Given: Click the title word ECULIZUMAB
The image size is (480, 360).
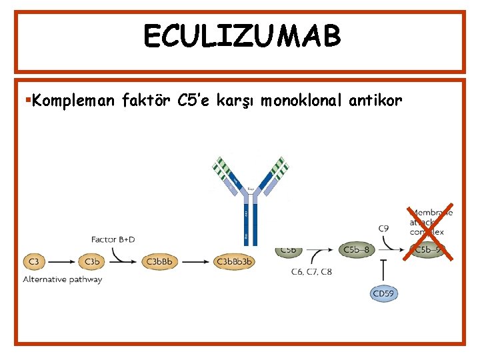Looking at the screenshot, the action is (x=241, y=37).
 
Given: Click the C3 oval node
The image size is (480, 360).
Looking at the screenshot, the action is (x=34, y=261).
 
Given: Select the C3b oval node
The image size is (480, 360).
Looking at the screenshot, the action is (x=92, y=261).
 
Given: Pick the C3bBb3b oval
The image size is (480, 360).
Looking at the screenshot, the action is (x=234, y=261).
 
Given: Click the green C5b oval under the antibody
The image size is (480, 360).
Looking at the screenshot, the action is (x=290, y=250).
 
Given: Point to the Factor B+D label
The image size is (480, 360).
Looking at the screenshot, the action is (x=113, y=238).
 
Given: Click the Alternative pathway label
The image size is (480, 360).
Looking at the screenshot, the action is (x=63, y=279).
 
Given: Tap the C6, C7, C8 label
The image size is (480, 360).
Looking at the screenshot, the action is (x=311, y=271).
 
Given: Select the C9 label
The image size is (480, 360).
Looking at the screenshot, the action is (x=383, y=229).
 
